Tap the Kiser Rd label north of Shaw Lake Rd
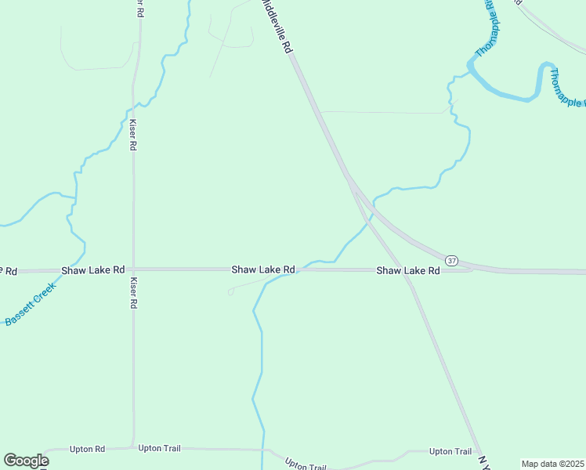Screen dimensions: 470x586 (133, 135)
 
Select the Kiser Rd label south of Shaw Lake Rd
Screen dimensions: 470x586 (133, 292)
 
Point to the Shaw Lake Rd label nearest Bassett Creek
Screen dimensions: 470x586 (92, 269)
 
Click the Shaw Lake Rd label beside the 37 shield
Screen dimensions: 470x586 (407, 270)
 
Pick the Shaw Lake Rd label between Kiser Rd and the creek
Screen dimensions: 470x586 (262, 269)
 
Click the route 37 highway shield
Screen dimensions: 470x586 (450, 259)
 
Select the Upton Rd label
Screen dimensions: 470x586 (87, 449)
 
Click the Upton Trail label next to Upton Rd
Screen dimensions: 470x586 (159, 448)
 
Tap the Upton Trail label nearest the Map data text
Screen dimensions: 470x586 (450, 451)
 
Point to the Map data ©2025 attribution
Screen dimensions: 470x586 (552, 464)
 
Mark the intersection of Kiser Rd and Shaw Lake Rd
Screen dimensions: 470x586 (133, 269)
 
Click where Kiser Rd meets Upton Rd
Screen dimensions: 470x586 (133, 448)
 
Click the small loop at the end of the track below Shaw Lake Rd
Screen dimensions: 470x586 (230, 292)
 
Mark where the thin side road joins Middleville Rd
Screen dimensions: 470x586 (320, 111)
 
